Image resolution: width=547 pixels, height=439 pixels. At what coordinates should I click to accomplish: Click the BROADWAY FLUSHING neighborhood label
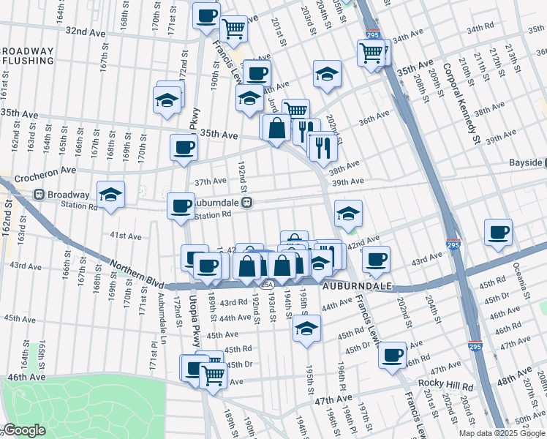pos(28,57)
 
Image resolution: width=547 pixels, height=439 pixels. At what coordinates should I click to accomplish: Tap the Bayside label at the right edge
pos(526,162)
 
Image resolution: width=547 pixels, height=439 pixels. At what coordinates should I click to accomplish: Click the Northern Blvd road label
pos(130,271)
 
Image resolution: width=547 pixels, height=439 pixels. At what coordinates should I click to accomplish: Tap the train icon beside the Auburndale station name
pos(247,203)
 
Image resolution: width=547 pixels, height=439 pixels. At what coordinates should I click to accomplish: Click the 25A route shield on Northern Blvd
pos(268,285)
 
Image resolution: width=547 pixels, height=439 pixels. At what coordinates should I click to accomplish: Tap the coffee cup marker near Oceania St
pos(499,232)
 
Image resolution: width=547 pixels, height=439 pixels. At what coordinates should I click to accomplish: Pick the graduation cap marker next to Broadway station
pos(110,195)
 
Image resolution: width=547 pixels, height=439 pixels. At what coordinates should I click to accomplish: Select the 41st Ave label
pos(125,236)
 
